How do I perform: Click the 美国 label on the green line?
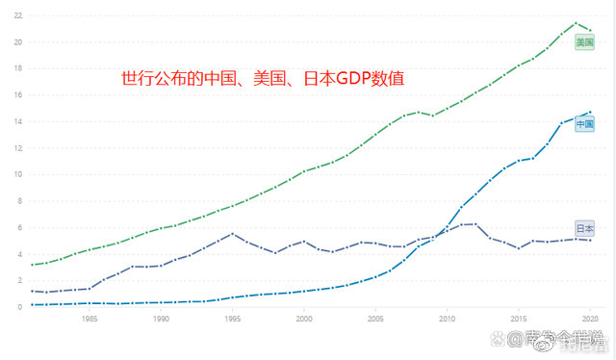coord(584,41)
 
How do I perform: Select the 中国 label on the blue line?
coord(584,125)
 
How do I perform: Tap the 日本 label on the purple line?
coord(584,228)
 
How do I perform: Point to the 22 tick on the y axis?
coord(17,15)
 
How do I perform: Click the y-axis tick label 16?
coord(17,95)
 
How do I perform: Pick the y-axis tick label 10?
coord(17,175)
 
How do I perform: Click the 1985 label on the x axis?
coord(90,319)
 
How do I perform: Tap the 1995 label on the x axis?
coord(232,319)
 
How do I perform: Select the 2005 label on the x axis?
coord(375,319)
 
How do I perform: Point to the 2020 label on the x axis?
coord(590,319)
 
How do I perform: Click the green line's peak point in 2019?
coord(576,23)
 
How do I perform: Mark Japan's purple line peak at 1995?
coord(232,234)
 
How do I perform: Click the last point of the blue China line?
coord(590,112)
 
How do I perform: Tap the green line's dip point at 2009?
coord(432,116)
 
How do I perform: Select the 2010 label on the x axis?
coord(447,319)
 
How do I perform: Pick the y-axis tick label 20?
coord(17,42)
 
